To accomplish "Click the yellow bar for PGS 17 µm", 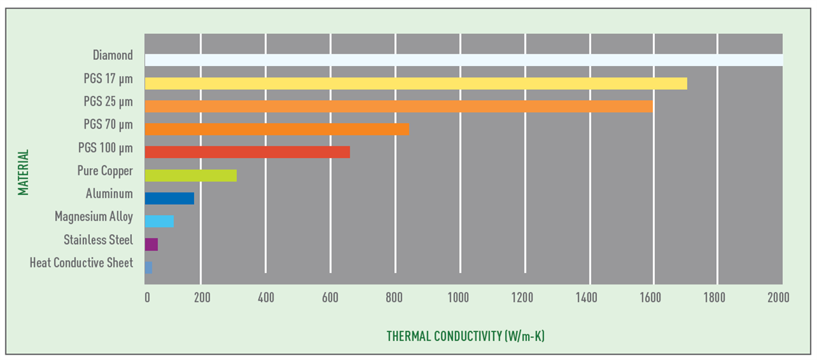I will (416, 83).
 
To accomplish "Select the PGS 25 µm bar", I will (399, 106).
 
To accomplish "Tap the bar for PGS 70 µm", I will (277, 129).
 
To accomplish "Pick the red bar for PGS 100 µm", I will (247, 152).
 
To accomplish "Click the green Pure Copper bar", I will (191, 175).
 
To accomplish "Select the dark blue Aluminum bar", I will (170, 198).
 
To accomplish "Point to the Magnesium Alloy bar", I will (159, 221).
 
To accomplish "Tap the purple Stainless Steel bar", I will (151, 244).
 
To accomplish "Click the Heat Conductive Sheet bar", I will (148, 267).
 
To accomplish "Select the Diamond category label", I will (112, 55).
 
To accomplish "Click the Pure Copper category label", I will (105, 171).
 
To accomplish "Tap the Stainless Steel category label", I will (98, 240).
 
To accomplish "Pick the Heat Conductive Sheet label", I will (82, 263).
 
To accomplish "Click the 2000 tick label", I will (778, 297).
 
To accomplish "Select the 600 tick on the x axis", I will (330, 297).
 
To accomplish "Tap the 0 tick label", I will (147, 297).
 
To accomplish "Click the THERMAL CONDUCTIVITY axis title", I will (466, 336).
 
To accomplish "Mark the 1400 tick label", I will (586, 297).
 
